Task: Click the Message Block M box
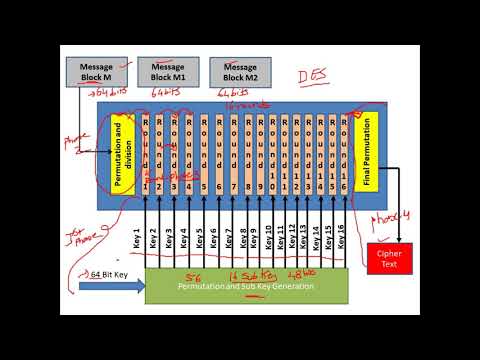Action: click(97, 71)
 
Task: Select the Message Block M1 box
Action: click(168, 71)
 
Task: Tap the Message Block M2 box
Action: click(240, 71)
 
